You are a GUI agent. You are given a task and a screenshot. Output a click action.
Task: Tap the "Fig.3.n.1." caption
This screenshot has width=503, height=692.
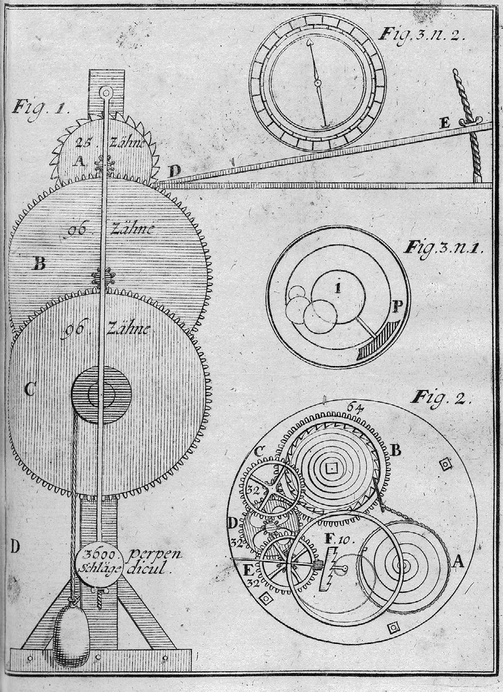[443, 248]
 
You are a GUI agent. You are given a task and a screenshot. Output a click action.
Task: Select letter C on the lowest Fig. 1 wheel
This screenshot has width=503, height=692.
[30, 390]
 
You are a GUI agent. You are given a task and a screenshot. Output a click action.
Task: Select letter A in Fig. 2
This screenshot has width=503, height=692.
[459, 560]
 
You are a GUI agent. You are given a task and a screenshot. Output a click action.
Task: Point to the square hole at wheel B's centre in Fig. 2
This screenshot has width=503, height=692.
[332, 467]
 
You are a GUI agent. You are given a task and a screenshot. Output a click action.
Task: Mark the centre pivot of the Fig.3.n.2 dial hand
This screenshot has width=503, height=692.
[317, 83]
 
